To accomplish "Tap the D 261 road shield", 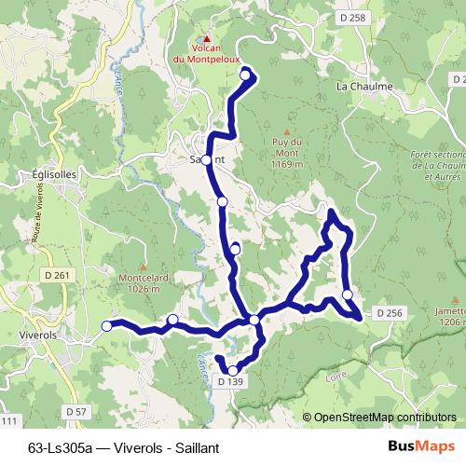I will pyautogui.click(x=57, y=275).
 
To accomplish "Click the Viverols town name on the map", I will pyautogui.click(x=39, y=332).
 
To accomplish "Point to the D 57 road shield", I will pyautogui.click(x=76, y=411).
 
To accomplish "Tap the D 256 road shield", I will pyautogui.click(x=391, y=313).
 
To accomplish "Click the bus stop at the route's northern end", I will pyautogui.click(x=246, y=74).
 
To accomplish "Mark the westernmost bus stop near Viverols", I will pyautogui.click(x=106, y=325).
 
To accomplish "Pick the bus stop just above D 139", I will pyautogui.click(x=233, y=369).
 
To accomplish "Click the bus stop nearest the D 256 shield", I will pyautogui.click(x=348, y=295).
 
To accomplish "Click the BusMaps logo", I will pyautogui.click(x=420, y=445).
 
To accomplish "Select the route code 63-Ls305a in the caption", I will pyautogui.click(x=62, y=445).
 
